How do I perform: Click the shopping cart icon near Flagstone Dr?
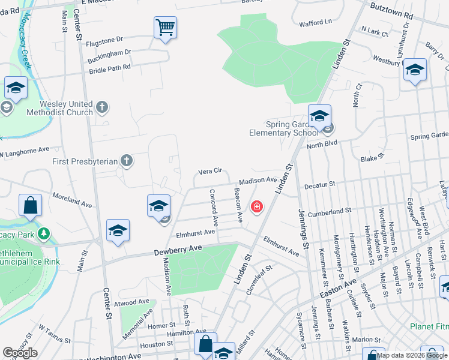(x=165, y=27)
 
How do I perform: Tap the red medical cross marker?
(x=257, y=208)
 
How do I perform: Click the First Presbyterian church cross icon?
(x=126, y=161)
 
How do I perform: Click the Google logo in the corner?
(x=20, y=353)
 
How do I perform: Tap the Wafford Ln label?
(x=315, y=23)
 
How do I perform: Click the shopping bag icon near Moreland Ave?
(x=30, y=205)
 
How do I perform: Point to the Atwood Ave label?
(x=131, y=302)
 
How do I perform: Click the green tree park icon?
(x=43, y=233)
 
